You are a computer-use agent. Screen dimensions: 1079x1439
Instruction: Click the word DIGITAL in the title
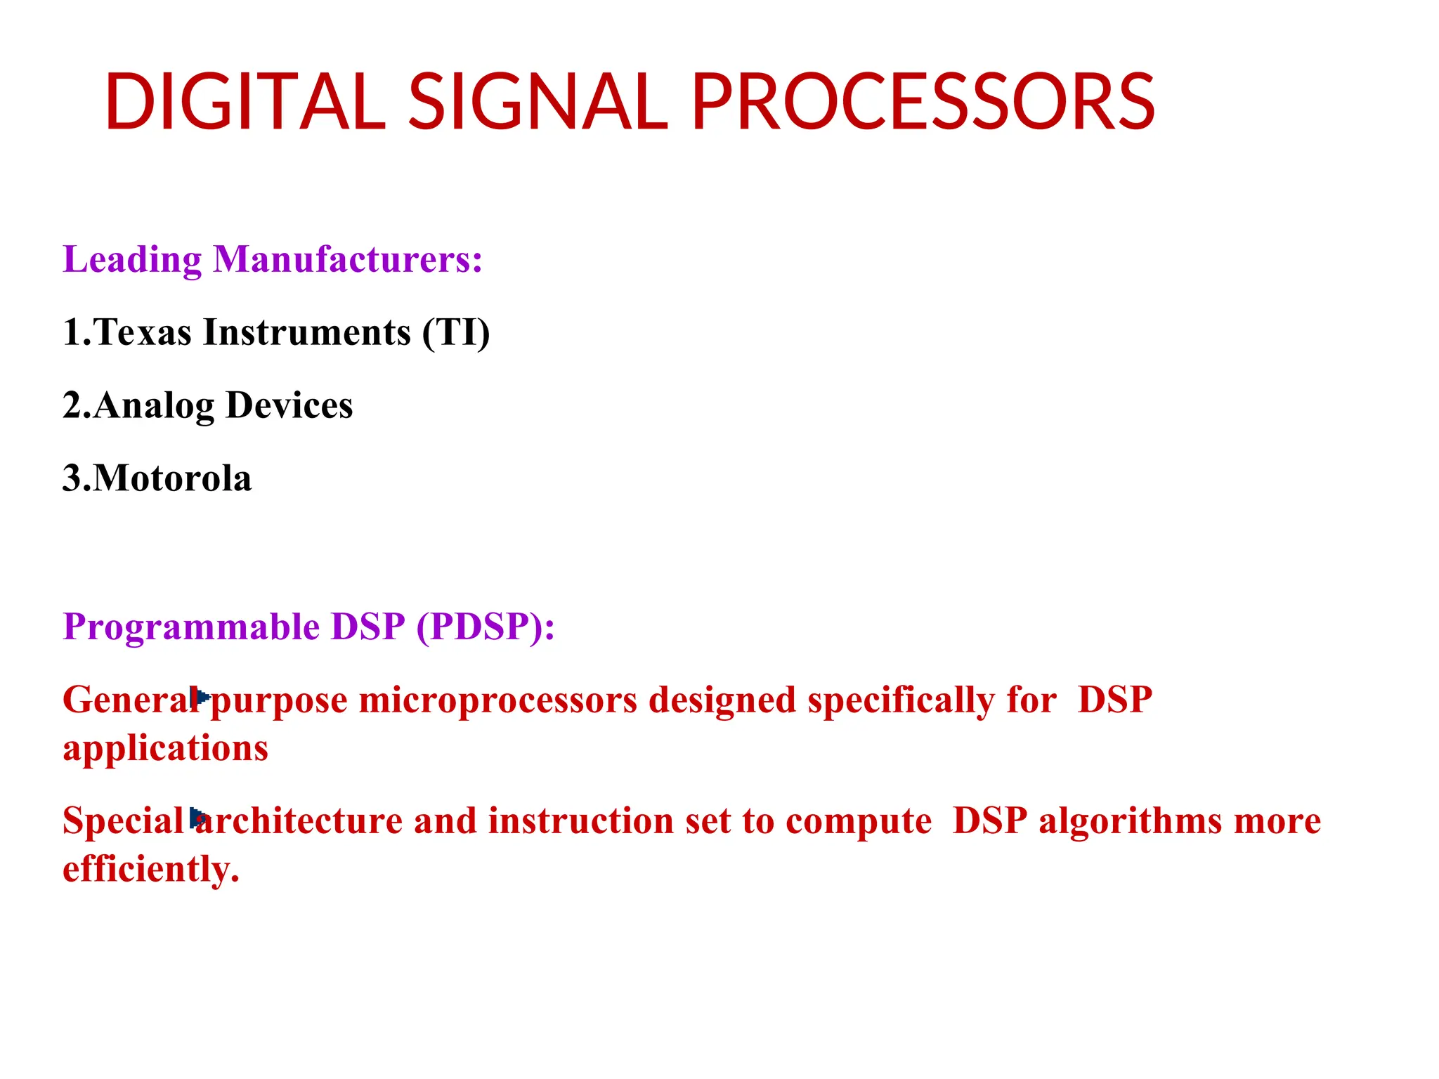click(x=245, y=103)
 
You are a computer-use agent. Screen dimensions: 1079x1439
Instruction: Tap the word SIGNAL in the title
click(x=538, y=103)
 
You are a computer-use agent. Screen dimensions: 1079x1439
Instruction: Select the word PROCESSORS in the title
click(x=923, y=103)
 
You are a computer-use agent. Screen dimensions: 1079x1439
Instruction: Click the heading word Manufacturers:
click(x=348, y=259)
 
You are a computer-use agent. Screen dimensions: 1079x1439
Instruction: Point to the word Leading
click(x=132, y=261)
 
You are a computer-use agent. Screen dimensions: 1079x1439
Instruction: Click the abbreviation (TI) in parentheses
click(x=455, y=332)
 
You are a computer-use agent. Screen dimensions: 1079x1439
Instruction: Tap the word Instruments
click(x=307, y=332)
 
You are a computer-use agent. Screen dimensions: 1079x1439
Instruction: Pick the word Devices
click(x=289, y=405)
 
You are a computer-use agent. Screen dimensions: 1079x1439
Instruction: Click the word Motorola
click(x=172, y=478)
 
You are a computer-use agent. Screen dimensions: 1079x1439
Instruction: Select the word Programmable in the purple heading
click(x=190, y=627)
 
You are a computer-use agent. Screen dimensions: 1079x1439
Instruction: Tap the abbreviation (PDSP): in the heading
click(x=485, y=627)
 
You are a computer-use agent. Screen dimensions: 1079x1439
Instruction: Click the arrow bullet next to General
click(x=201, y=697)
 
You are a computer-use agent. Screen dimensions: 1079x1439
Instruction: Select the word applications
click(x=166, y=749)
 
